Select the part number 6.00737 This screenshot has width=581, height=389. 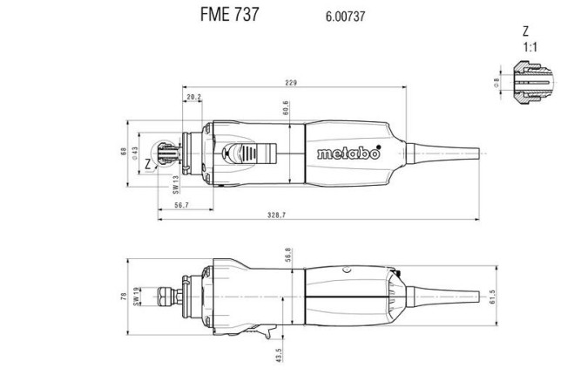(342, 16)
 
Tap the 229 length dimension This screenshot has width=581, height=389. (291, 83)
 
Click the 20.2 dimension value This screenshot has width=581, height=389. (193, 97)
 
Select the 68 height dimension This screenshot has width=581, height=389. (123, 154)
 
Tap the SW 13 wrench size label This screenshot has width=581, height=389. (175, 182)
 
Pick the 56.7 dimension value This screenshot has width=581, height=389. (181, 204)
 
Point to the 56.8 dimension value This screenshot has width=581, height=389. (287, 255)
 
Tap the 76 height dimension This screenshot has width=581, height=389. (124, 296)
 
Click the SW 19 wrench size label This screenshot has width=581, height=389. (137, 296)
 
